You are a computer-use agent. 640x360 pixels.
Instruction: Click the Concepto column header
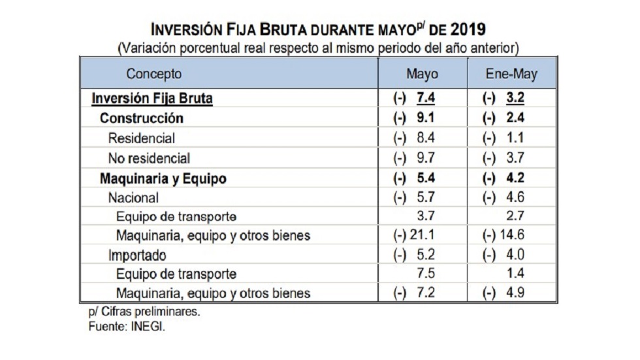click(x=154, y=74)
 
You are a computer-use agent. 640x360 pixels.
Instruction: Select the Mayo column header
click(x=423, y=74)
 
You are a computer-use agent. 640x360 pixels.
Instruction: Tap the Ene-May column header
click(x=511, y=74)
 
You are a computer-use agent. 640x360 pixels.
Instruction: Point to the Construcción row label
click(x=141, y=118)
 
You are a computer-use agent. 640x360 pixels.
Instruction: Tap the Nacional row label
click(x=133, y=197)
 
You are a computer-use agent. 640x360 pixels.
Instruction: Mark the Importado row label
click(x=137, y=254)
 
